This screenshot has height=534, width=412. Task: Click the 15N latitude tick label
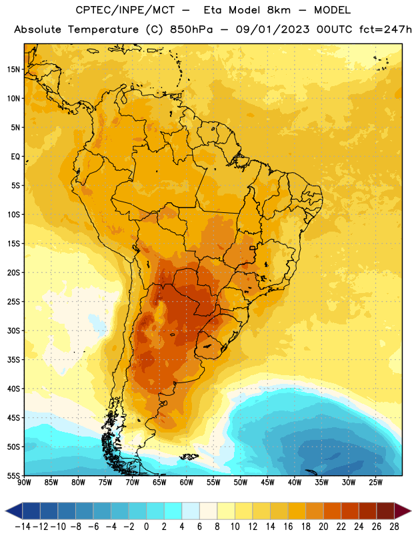point(13,69)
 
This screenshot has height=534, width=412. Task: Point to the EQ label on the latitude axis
point(15,157)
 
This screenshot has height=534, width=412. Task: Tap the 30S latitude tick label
point(13,330)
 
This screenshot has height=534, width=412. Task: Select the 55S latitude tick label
point(13,475)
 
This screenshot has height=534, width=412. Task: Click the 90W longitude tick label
point(24,483)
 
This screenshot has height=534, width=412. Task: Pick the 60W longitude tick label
point(187,483)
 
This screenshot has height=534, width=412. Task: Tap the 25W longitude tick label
point(375,483)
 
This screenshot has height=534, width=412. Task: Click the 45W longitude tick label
point(267,483)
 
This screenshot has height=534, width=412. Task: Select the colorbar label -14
point(23,527)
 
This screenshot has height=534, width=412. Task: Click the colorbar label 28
point(394,527)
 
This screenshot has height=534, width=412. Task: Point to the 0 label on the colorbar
point(146,527)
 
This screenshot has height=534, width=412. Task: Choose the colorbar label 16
point(288,527)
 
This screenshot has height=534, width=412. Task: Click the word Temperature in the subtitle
point(103,29)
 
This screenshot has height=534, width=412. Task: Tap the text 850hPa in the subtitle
point(191,29)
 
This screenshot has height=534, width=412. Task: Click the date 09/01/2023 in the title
point(273,29)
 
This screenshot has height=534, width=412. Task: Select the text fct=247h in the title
point(385,29)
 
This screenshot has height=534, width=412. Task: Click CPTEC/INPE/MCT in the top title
point(125,10)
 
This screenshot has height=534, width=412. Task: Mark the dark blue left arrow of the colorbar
point(14,511)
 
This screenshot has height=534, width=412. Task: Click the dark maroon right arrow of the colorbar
point(403,511)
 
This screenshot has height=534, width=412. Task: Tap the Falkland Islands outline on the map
point(189,457)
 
